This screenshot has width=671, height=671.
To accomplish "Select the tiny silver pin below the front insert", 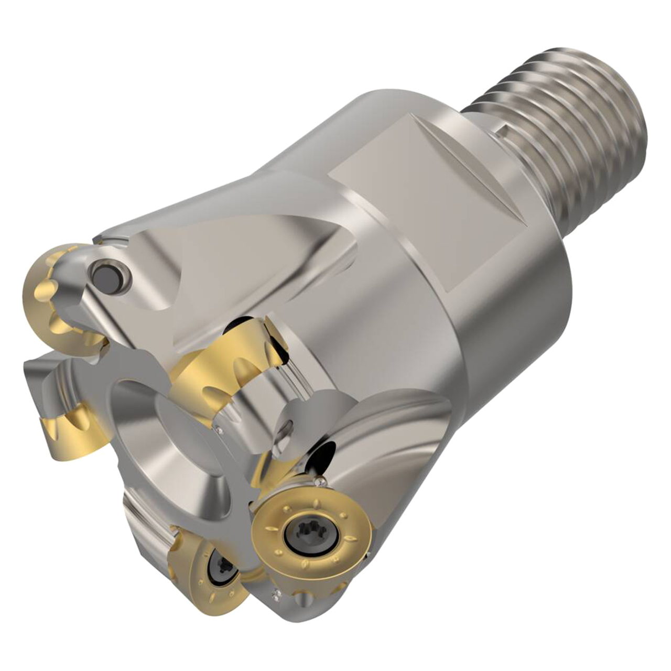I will click(x=274, y=593).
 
